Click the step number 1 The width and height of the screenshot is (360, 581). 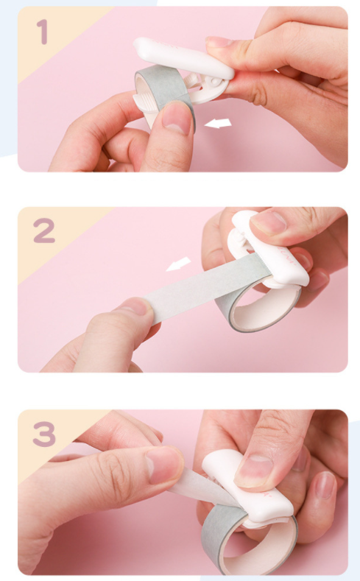tap(43, 32)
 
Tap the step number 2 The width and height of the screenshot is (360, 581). tap(44, 230)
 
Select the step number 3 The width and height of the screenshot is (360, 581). tap(44, 434)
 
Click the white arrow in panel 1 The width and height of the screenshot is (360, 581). tap(218, 124)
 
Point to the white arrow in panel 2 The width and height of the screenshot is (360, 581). tap(178, 264)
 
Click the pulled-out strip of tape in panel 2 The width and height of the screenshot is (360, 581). tap(208, 287)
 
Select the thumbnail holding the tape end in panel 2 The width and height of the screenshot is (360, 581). tap(133, 306)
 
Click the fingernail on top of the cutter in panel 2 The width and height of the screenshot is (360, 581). tap(268, 222)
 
